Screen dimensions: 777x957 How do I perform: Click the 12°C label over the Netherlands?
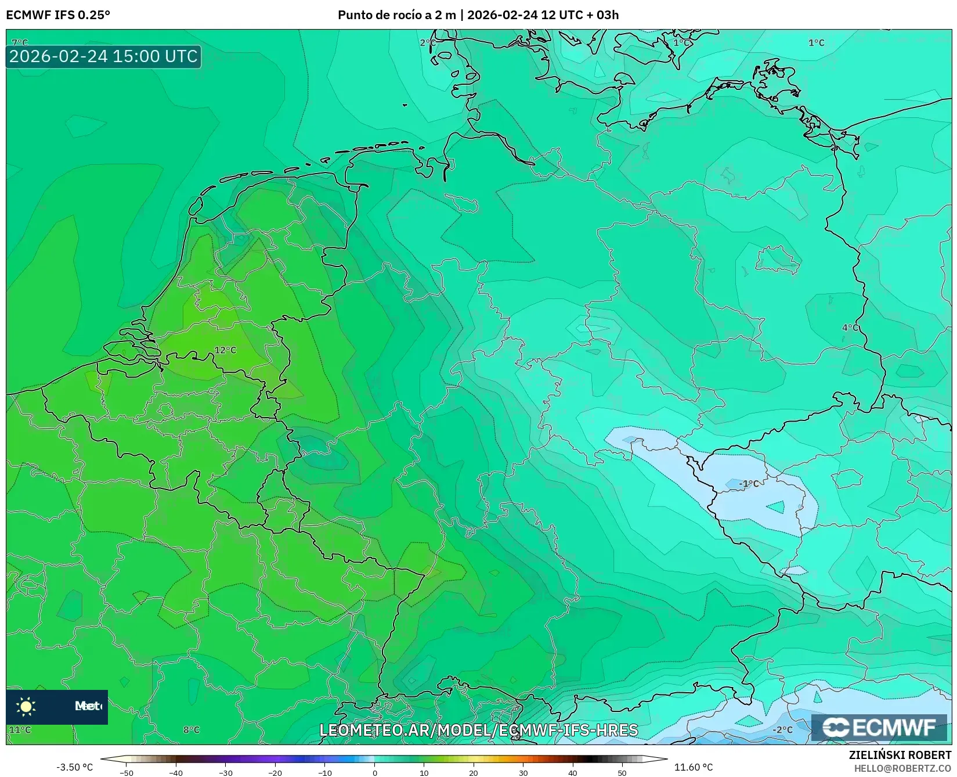tap(225, 350)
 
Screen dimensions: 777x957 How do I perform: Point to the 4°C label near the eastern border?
tap(850, 328)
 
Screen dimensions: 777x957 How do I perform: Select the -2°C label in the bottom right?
tap(782, 729)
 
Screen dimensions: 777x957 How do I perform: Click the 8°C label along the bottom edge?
tap(191, 729)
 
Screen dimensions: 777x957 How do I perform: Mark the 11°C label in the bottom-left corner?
tap(20, 729)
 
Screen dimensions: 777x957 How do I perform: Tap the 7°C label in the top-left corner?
tap(20, 42)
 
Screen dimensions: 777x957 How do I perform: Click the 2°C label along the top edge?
tap(428, 42)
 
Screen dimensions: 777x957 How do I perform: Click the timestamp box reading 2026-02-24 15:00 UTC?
tap(103, 56)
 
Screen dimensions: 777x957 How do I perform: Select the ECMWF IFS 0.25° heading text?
tap(58, 15)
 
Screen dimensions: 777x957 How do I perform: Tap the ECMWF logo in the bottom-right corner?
tap(879, 727)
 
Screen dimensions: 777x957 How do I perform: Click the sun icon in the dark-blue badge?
tap(26, 706)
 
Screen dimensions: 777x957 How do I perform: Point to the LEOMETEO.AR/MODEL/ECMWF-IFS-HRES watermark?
tap(478, 730)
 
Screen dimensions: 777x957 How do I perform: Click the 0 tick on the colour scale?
tap(374, 773)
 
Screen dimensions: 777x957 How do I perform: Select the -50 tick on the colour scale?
tap(126, 773)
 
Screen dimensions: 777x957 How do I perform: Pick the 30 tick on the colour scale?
tap(523, 773)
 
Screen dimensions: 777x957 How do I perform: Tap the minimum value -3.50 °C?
tap(74, 767)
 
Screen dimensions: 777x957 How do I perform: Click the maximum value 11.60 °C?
tap(693, 767)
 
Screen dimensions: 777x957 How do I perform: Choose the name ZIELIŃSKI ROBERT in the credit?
tap(900, 755)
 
